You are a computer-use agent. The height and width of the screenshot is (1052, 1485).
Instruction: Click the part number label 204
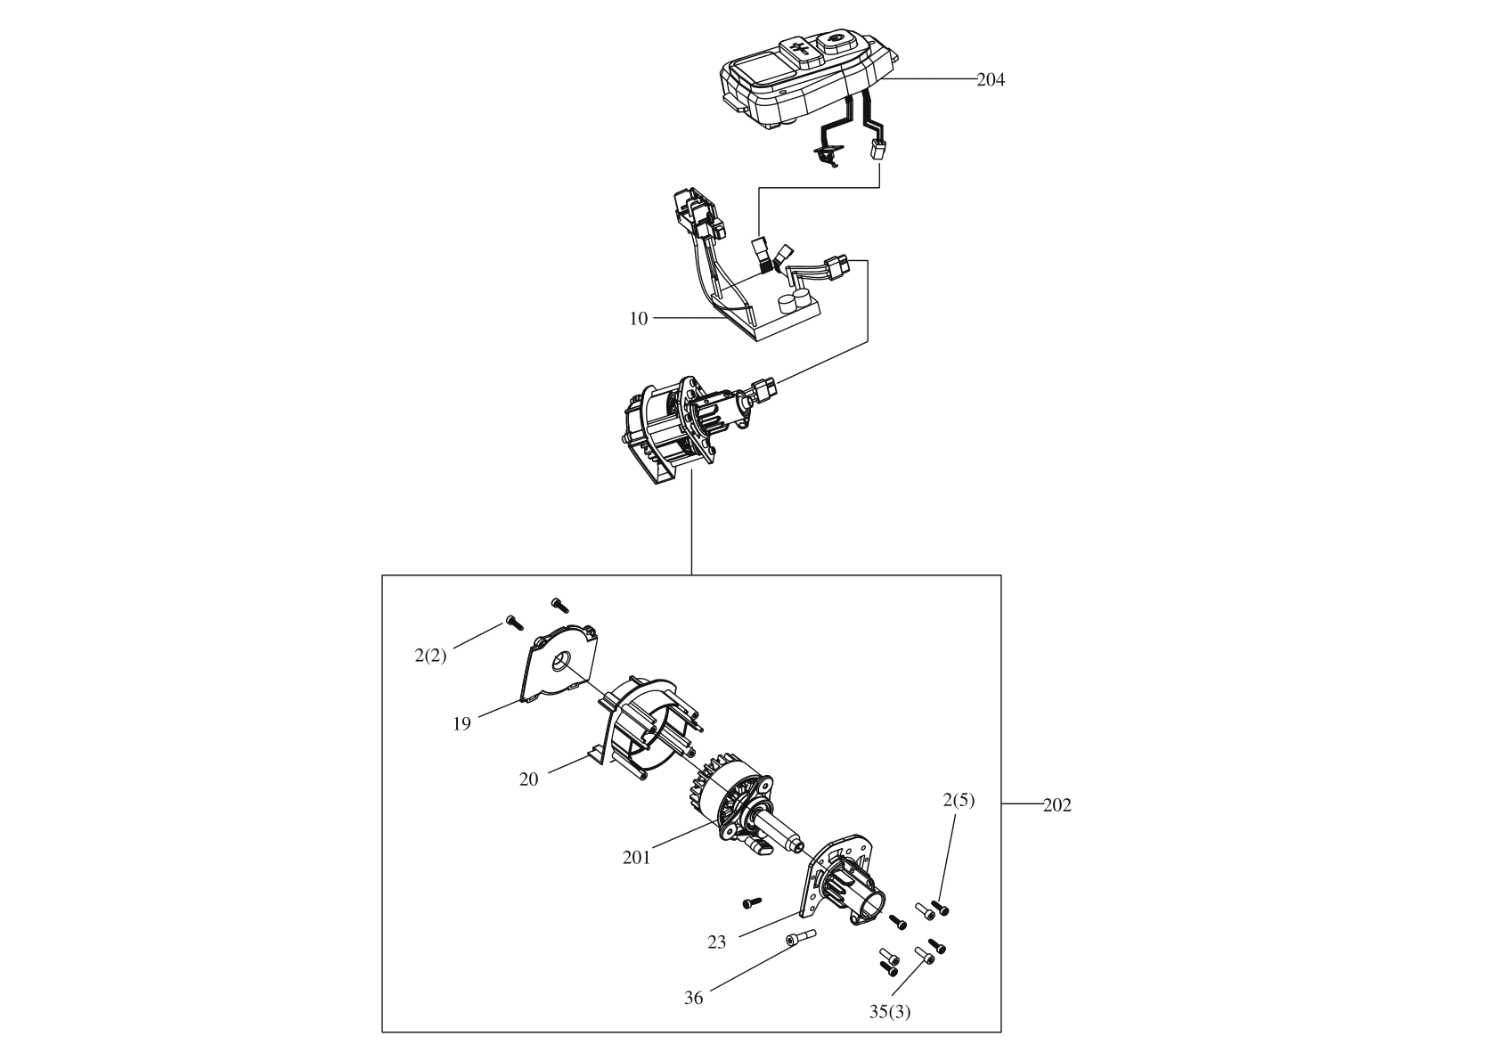tap(991, 79)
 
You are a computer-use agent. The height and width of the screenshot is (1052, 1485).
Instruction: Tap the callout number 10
tap(639, 318)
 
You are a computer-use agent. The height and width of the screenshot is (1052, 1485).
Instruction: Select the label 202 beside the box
tap(1057, 805)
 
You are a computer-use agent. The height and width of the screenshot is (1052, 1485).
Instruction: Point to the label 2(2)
tap(429, 656)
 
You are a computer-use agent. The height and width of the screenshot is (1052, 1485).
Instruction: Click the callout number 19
tap(461, 723)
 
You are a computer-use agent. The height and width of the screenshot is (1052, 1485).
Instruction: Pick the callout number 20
tap(529, 779)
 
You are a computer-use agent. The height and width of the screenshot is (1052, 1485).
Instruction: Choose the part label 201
tap(636, 857)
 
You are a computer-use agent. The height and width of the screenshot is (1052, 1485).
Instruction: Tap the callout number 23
tap(717, 941)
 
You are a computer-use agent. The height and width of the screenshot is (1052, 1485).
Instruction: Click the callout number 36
tap(693, 998)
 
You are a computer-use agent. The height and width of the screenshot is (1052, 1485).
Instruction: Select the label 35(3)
tap(890, 1011)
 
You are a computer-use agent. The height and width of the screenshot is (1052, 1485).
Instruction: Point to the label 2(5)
tap(959, 800)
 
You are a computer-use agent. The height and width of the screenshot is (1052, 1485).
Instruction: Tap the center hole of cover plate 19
tap(562, 662)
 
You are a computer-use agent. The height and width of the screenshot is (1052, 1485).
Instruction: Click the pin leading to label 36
tap(800, 937)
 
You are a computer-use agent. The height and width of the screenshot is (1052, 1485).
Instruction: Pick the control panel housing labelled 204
tap(802, 80)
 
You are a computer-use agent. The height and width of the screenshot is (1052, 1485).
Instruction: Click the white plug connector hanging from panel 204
tap(878, 151)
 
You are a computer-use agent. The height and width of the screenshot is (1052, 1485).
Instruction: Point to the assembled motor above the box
tap(686, 423)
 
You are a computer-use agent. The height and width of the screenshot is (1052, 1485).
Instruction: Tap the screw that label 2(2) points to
tap(511, 621)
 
